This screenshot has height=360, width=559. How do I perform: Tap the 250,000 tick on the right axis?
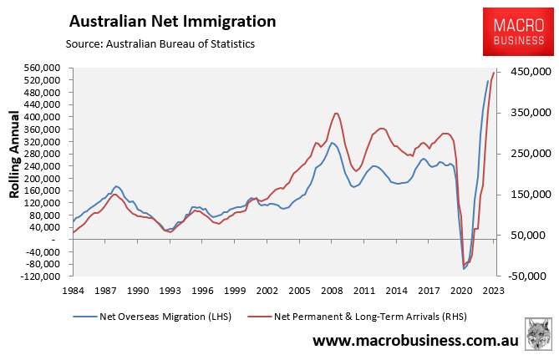526,154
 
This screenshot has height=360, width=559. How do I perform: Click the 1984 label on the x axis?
72,291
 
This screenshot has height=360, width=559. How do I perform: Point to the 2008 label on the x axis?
331,291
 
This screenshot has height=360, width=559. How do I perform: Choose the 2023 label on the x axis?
493,291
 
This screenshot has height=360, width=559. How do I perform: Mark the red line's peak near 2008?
336,113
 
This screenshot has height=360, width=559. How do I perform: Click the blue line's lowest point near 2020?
464,269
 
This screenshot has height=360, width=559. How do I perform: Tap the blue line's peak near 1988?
116,185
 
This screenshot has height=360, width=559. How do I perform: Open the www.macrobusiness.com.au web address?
415,341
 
